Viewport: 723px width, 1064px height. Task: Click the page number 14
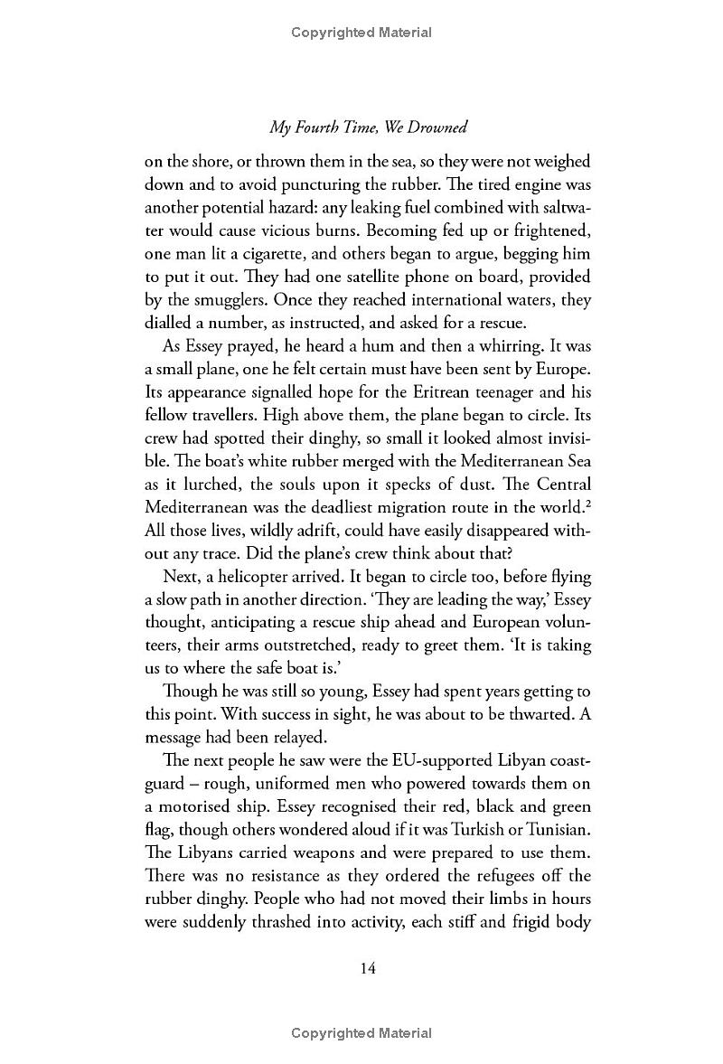[367, 967]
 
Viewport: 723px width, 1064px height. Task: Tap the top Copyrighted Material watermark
[361, 33]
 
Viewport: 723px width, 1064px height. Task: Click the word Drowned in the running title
[437, 127]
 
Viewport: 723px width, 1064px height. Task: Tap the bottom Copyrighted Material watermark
[361, 1033]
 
